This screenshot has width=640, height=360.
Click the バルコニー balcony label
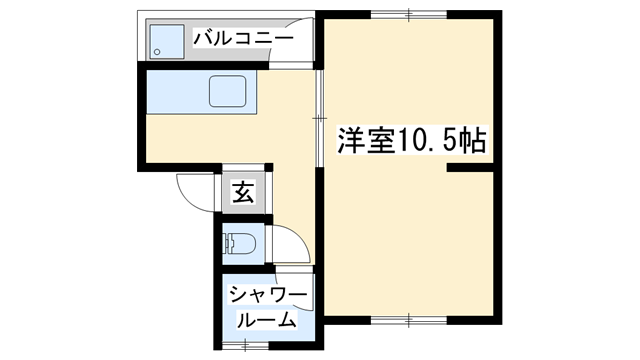tap(243, 39)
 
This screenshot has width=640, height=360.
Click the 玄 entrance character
tap(243, 191)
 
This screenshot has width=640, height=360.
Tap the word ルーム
tap(266, 320)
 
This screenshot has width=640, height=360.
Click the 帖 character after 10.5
tap(473, 141)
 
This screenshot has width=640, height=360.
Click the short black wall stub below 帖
tap(470, 170)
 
